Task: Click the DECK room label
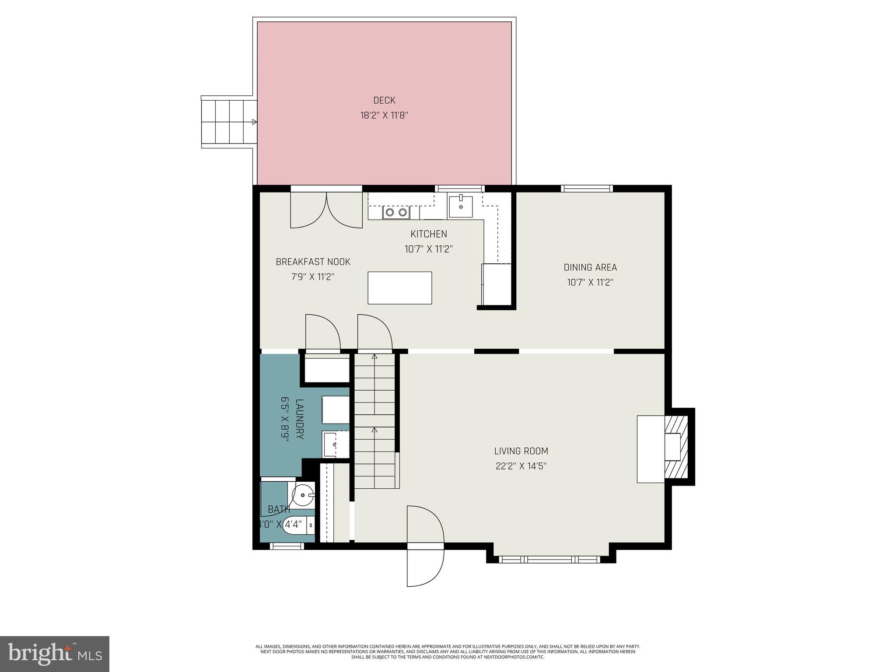[384, 100]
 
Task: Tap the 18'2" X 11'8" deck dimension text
[384, 115]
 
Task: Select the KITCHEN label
[428, 234]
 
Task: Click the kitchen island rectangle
[399, 288]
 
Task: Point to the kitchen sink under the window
[461, 206]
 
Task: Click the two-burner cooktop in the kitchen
[396, 213]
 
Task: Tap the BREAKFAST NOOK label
[313, 262]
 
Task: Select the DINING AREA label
[590, 267]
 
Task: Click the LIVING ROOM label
[521, 451]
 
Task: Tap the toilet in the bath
[299, 525]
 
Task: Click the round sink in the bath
[303, 495]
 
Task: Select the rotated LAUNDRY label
[300, 419]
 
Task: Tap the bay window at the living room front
[550, 559]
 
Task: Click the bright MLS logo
[55, 654]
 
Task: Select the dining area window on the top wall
[587, 189]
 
